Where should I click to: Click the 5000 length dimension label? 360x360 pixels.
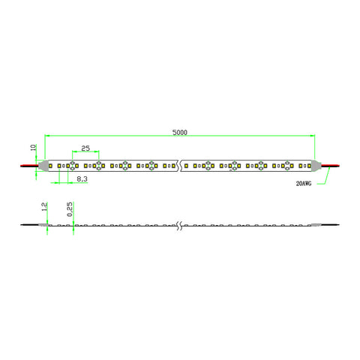180,132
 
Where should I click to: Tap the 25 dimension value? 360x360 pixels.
85,148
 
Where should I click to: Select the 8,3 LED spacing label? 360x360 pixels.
82,179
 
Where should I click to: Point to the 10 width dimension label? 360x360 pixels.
33,148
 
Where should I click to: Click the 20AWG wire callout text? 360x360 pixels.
304,184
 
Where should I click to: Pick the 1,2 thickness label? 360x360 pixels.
44,207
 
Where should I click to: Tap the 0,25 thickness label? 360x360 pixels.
70,209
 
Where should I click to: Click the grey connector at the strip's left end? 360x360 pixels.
43,166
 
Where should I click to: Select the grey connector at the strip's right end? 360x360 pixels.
316,166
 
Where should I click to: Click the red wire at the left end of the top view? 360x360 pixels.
29,166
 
